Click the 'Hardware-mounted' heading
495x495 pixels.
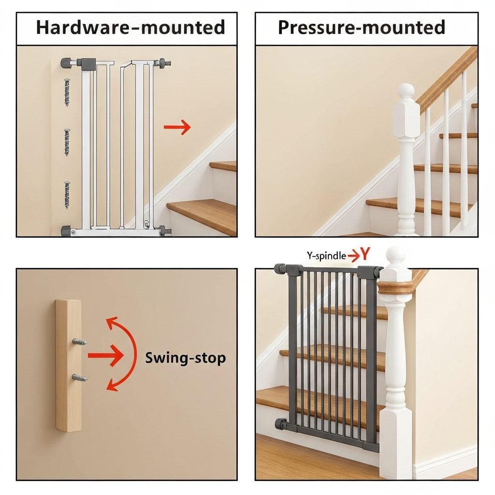131,27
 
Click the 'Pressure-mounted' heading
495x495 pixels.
362,27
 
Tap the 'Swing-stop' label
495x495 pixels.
185,358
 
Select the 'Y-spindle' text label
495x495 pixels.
326,255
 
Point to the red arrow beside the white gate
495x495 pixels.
177,127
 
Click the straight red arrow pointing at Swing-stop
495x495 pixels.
105,355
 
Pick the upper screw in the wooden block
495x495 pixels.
79,342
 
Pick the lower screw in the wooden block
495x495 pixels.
79,378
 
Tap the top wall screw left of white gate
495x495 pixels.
67,92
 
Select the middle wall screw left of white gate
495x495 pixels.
67,143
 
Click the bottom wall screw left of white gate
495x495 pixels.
67,195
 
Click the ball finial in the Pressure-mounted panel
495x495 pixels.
406,91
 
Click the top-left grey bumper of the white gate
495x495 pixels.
66,62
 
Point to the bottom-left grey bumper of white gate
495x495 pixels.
66,231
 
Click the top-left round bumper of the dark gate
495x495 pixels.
280,269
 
